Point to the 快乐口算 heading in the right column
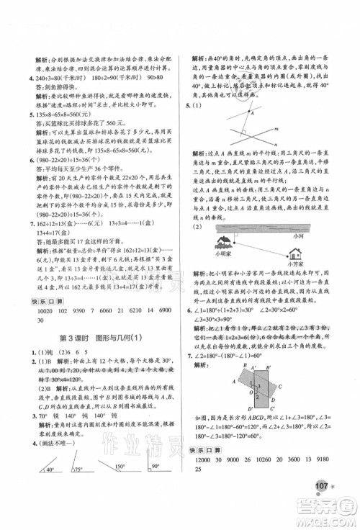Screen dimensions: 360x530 click(x=206, y=486)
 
